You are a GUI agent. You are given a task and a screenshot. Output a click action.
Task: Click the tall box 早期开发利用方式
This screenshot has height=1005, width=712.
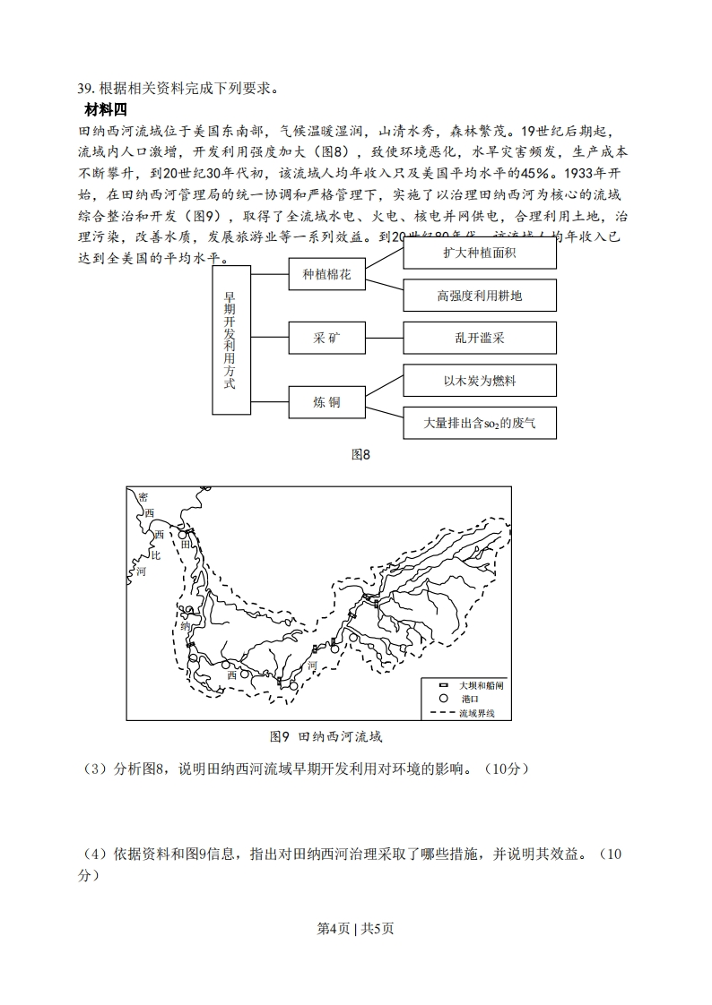(231, 339)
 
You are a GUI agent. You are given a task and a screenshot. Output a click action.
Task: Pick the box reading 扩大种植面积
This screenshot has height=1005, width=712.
(480, 253)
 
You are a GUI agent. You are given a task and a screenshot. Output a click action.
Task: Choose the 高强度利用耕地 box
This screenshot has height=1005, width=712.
(480, 296)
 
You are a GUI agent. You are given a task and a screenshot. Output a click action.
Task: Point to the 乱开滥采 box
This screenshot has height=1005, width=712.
(480, 338)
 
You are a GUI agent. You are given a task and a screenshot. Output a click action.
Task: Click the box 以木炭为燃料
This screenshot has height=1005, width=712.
(480, 381)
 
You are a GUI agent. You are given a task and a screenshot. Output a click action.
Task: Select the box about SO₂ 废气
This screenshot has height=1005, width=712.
(480, 423)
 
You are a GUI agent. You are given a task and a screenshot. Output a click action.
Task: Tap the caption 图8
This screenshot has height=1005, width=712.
(360, 454)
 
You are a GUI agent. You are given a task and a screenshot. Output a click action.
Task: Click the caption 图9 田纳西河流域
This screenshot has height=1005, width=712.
(326, 736)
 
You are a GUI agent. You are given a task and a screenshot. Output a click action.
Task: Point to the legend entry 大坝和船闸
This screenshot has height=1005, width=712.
(474, 684)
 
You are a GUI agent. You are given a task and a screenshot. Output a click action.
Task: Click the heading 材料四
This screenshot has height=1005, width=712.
(106, 109)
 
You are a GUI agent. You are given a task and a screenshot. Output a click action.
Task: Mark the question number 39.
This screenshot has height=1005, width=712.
(86, 88)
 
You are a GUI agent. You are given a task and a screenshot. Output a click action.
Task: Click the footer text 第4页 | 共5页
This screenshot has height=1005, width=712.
(356, 928)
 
